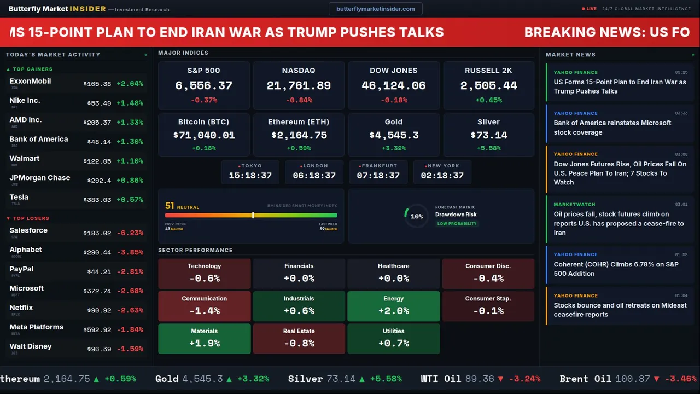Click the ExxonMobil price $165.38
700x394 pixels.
(97, 84)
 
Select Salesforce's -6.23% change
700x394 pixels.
(130, 233)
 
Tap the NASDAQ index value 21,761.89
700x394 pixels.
(299, 86)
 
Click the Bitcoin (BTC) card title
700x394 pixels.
(203, 122)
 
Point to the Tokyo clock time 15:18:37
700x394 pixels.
(250, 176)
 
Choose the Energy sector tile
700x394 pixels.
(393, 306)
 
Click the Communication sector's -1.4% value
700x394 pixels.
(204, 311)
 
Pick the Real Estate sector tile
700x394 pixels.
(299, 338)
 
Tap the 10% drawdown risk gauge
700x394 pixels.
(416, 216)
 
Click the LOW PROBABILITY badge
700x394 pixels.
(457, 224)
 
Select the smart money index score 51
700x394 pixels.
(170, 206)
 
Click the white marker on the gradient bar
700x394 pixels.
(253, 215)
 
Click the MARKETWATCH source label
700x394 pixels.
(574, 205)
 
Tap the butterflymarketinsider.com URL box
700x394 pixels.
(375, 9)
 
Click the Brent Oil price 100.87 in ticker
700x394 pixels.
(633, 379)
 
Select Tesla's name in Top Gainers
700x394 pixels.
(19, 197)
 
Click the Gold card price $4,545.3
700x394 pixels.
(394, 135)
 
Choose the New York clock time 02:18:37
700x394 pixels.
(442, 176)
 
